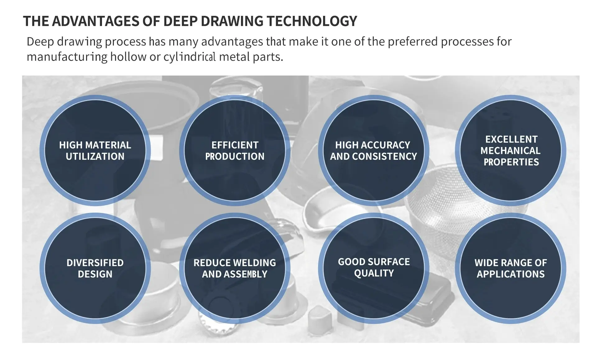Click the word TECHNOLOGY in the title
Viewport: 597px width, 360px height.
[x=312, y=21]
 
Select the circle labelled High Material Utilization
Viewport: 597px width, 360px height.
[x=95, y=150]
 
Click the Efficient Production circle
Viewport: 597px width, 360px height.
[x=235, y=150]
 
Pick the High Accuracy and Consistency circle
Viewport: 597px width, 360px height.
[x=374, y=150]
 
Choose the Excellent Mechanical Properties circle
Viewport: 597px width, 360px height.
[x=511, y=150]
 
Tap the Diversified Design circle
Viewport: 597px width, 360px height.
[x=95, y=268]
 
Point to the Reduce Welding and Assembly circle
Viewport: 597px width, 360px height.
[x=235, y=268]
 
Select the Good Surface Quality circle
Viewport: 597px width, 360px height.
[x=374, y=268]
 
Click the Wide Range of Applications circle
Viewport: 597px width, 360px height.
[x=511, y=268]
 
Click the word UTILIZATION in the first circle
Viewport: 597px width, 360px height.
[x=95, y=156]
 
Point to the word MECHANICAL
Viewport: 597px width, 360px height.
[x=511, y=151]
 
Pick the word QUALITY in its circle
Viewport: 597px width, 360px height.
[x=374, y=273]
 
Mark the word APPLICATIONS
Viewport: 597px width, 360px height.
[x=511, y=274]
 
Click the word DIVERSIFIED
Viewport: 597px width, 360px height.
[x=95, y=263]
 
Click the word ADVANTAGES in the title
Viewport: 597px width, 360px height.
[x=95, y=21]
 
